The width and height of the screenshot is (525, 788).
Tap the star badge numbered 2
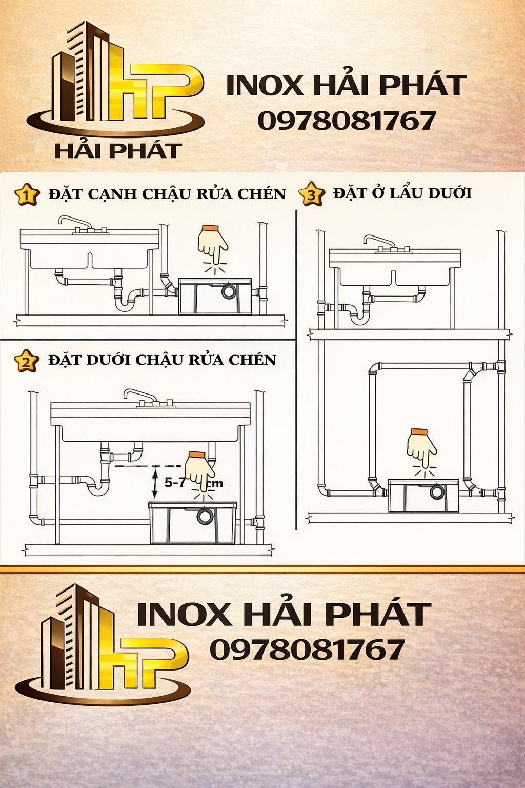26,360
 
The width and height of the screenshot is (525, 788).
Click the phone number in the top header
347,121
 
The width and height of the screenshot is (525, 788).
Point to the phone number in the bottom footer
307,649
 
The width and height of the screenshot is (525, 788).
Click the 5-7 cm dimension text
193,483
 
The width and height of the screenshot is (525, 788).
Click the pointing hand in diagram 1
213,245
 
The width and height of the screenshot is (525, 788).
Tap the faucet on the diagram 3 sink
380,242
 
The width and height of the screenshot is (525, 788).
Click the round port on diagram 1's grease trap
229,291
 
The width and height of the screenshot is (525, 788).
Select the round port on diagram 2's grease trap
205,516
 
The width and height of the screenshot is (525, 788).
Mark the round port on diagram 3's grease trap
436,492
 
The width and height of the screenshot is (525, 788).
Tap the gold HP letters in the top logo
155,92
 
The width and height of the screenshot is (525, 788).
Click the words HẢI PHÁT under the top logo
118,150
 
